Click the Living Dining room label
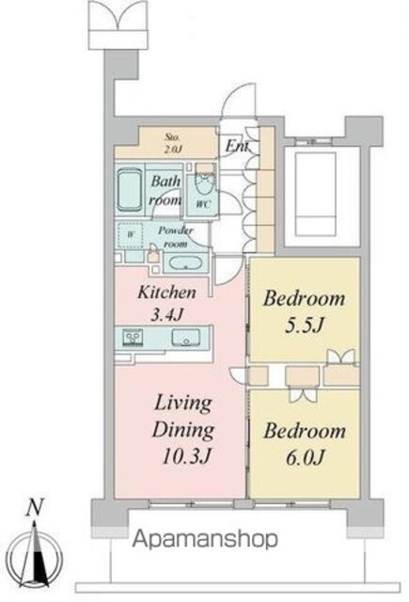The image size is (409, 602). (183, 417)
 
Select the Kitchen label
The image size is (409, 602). (166, 293)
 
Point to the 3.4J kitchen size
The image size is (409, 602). (166, 315)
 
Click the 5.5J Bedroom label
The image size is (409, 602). (304, 311)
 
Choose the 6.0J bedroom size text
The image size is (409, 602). (305, 458)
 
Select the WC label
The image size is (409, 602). (202, 205)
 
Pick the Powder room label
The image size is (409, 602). (175, 237)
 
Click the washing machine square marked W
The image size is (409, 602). (130, 234)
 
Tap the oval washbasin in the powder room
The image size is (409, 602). (185, 263)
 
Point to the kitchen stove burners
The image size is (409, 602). (133, 338)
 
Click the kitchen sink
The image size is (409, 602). (186, 338)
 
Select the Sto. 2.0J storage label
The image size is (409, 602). (172, 143)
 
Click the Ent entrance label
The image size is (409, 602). (237, 146)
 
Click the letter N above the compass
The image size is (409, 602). (35, 507)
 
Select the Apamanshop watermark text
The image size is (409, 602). (205, 539)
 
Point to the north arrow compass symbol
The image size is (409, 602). (36, 553)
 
